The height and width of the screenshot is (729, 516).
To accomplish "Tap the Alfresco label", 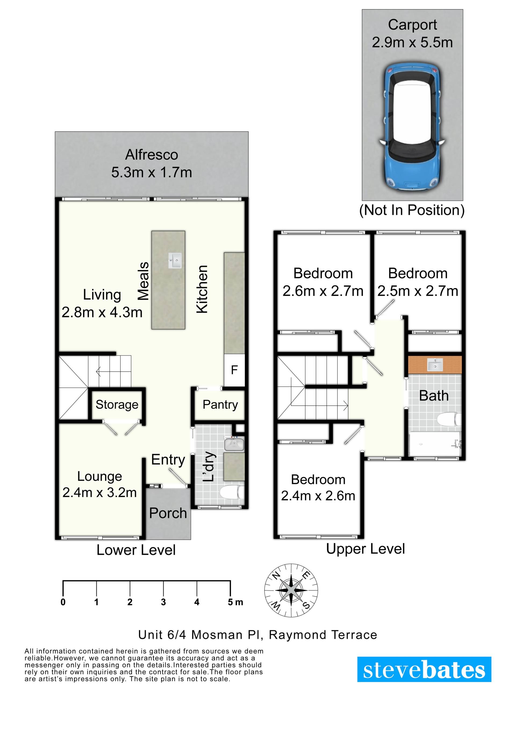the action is click(152, 155).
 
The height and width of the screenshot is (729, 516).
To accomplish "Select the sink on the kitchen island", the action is click(175, 260).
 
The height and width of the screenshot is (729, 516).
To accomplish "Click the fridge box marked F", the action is click(234, 370).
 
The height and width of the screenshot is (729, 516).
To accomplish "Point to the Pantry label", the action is click(220, 405).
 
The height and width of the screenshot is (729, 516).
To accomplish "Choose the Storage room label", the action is click(117, 405).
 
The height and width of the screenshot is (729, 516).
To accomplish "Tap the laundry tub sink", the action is click(234, 444).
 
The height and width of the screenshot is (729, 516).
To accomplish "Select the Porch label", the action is click(168, 513).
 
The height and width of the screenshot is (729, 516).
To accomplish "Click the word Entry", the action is click(168, 460).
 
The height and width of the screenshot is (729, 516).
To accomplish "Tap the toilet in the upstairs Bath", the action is click(449, 419).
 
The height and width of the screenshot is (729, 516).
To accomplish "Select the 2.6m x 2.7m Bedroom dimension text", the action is click(323, 291).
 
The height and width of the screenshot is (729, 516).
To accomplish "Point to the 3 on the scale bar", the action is click(163, 602).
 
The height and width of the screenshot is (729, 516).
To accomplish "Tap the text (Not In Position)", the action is click(412, 210).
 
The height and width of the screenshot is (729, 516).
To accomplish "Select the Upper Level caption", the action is click(365, 549).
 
